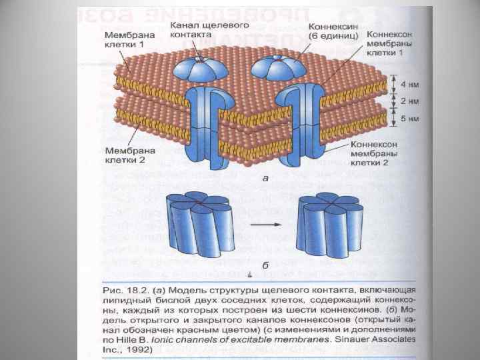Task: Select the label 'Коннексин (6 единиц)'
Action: pos(334,30)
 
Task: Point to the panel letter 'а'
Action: pos(265,179)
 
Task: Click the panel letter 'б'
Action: pos(265,265)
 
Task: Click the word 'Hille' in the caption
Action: pos(129,339)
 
